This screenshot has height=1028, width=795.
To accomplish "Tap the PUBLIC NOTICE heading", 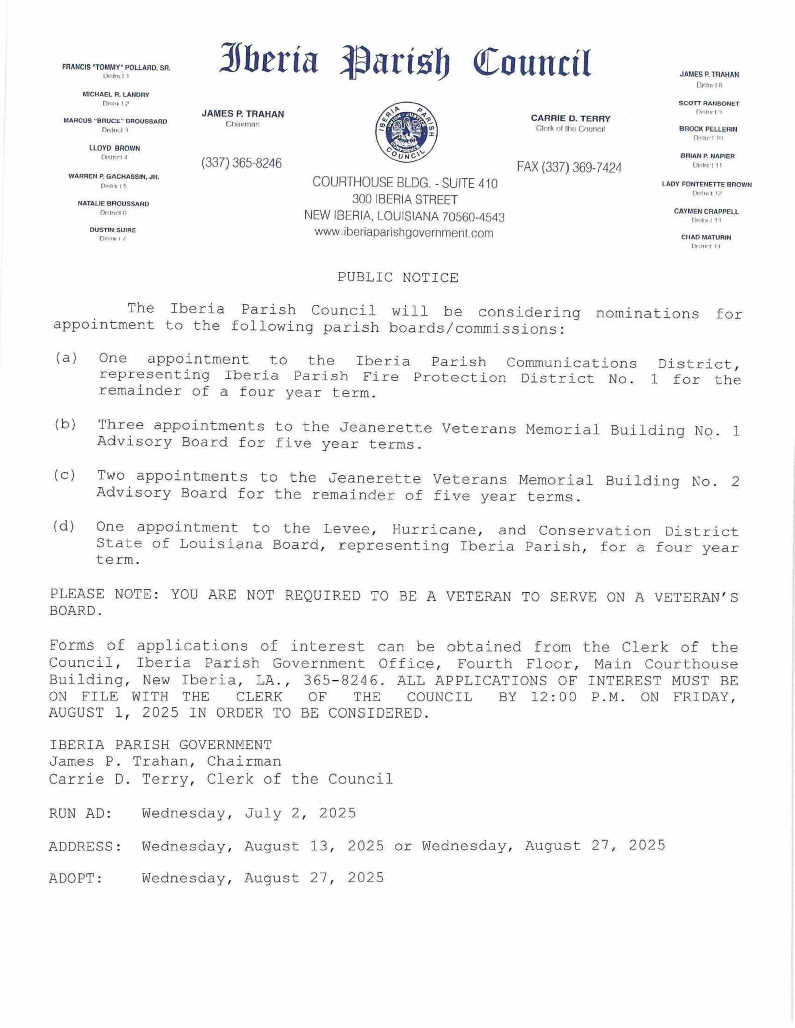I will click(398, 278).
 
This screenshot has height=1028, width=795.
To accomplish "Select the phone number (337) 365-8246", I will click(242, 163).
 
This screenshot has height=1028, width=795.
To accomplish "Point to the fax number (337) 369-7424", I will click(570, 168).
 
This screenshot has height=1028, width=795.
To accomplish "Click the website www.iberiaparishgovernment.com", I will click(404, 233).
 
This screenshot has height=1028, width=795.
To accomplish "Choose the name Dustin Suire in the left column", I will click(112, 230).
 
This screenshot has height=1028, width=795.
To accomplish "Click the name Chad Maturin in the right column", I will click(706, 237).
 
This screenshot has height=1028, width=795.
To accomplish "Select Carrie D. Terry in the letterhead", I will click(571, 119).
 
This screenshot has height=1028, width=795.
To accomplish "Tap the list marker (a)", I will click(66, 358).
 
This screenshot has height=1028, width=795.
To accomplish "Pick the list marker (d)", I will click(64, 527).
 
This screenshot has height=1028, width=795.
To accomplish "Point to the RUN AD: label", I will click(80, 813).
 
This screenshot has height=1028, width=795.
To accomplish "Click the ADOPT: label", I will click(76, 878).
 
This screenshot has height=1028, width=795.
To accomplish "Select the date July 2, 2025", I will click(300, 813).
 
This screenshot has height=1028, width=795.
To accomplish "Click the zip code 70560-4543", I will click(473, 217).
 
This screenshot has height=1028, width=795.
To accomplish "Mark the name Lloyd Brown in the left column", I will click(115, 149).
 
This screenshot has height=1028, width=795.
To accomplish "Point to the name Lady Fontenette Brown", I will click(707, 185).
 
